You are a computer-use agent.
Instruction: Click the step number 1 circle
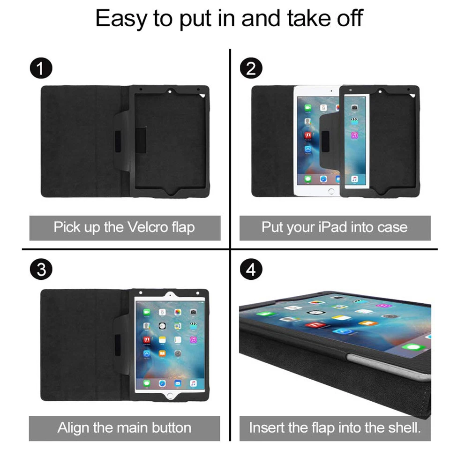41,69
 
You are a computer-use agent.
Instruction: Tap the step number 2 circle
251,69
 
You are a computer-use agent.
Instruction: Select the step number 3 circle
41,271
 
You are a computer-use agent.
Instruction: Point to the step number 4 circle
251,271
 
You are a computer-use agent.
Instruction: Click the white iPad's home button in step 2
331,191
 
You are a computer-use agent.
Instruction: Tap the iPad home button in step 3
169,394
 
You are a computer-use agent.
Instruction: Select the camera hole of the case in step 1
169,90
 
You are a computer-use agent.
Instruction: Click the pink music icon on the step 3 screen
193,339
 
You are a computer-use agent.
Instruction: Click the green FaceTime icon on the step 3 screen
147,312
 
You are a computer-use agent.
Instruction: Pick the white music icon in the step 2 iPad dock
355,179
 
